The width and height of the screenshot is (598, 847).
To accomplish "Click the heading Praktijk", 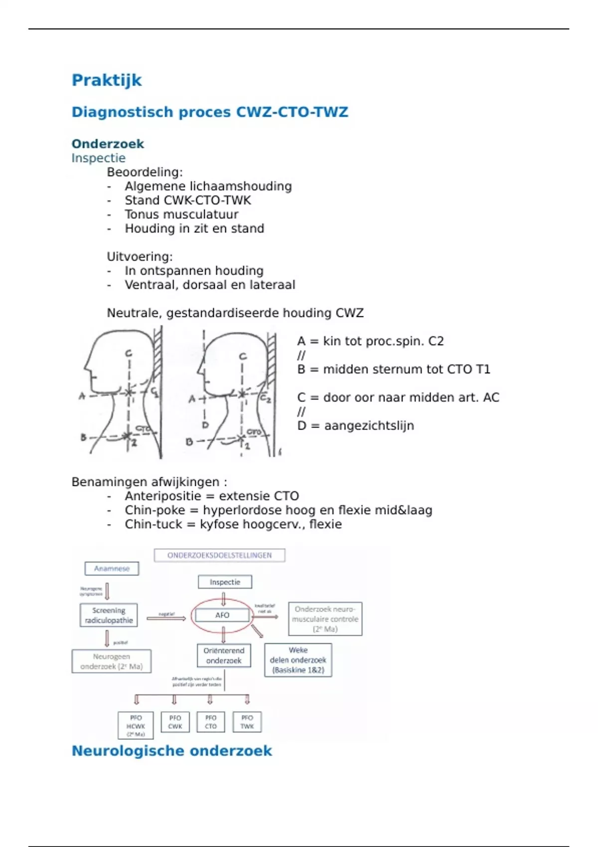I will tap(107, 80).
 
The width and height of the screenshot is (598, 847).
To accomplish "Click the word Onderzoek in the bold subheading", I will tap(108, 144).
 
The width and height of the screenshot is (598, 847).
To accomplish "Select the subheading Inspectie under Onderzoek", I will tap(98, 158).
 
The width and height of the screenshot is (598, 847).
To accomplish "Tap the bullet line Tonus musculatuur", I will tap(181, 214).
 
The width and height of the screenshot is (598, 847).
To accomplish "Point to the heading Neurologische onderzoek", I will tap(172, 751).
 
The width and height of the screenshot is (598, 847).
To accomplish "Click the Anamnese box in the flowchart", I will tap(112, 568).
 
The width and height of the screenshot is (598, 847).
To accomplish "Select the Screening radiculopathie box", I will tap(109, 615).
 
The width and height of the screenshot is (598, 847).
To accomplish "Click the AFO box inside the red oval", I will tap(222, 615).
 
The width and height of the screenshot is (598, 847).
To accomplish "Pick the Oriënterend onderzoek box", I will tap(224, 656).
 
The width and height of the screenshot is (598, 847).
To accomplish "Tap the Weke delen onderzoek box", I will tap(298, 660).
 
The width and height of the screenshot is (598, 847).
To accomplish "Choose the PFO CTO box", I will tap(211, 722).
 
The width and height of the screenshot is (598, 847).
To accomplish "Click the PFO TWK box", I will tap(247, 722).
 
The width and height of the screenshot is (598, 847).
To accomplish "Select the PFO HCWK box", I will tap(136, 725).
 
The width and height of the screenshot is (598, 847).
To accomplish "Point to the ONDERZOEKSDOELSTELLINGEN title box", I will tap(219, 555).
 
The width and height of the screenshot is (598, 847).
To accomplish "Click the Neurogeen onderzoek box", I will tap(111, 661).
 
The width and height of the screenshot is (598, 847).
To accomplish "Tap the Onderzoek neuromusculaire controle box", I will tap(325, 619).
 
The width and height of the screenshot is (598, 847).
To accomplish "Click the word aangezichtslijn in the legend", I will tap(369, 426).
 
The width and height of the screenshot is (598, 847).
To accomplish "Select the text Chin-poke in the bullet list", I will tap(154, 510).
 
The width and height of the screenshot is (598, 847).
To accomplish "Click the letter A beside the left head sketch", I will tap(82, 397).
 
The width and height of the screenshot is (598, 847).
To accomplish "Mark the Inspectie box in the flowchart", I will tap(225, 582).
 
